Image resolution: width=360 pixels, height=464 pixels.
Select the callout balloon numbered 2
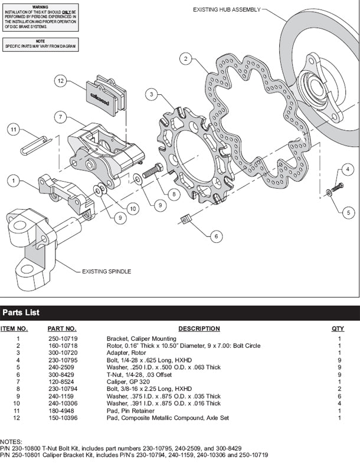(186, 59)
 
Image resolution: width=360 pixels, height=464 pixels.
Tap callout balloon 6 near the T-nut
(215, 236)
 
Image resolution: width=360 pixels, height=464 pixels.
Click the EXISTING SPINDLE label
(107, 271)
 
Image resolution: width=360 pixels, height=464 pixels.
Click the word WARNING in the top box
(40, 4)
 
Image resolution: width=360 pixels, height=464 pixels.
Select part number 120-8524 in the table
(61, 381)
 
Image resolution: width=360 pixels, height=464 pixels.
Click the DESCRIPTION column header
(199, 328)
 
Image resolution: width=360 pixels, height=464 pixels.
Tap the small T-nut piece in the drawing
(184, 220)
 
